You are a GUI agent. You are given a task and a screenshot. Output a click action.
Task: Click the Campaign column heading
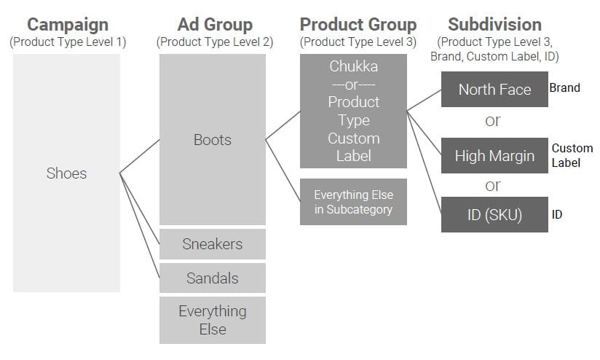pyautogui.click(x=68, y=25)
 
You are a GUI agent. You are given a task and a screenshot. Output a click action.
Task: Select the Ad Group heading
pyautogui.click(x=215, y=25)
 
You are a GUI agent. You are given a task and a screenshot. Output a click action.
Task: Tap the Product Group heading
pyautogui.click(x=358, y=25)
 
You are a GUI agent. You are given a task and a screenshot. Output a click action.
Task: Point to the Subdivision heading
pyautogui.click(x=494, y=25)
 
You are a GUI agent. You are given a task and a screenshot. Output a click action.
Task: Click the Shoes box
pyautogui.click(x=66, y=173)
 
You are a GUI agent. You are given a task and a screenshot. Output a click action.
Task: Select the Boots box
pyautogui.click(x=213, y=139)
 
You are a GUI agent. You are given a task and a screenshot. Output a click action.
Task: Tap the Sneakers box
pyautogui.click(x=213, y=244)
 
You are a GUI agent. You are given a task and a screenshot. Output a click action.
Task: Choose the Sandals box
pyautogui.click(x=213, y=278)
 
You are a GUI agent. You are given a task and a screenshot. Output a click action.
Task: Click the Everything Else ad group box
pyautogui.click(x=213, y=320)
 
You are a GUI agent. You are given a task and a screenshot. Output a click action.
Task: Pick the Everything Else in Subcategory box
pyautogui.click(x=353, y=202)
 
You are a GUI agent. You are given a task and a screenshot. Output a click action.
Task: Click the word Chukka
pyautogui.click(x=354, y=66)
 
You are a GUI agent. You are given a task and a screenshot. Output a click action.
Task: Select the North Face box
pyautogui.click(x=494, y=89)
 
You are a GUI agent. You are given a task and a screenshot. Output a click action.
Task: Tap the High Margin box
pyautogui.click(x=494, y=155)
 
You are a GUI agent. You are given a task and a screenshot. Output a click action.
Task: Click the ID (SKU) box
pyautogui.click(x=494, y=214)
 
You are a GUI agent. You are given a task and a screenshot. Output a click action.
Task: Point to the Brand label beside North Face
pyautogui.click(x=565, y=87)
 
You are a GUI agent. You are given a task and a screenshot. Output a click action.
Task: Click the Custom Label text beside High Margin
pyautogui.click(x=572, y=155)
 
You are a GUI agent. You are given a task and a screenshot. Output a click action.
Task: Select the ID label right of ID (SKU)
pyautogui.click(x=557, y=214)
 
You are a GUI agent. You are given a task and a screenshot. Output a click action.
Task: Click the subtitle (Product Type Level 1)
pyautogui.click(x=68, y=42)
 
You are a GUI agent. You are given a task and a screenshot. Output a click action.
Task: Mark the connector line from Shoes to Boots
pyautogui.click(x=140, y=156)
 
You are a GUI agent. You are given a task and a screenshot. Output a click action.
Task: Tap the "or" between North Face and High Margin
pyautogui.click(x=493, y=121)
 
